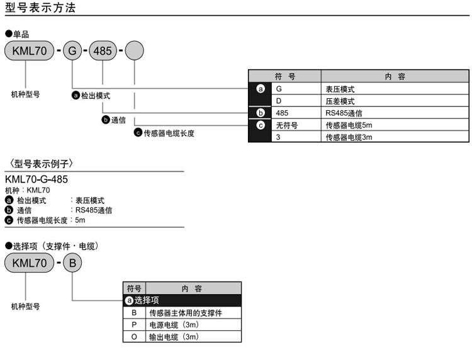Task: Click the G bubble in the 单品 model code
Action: pyautogui.click(x=72, y=50)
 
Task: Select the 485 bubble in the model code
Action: pyautogui.click(x=103, y=50)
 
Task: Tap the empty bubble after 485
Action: pyautogui.click(x=134, y=50)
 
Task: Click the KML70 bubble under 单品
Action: pyautogui.click(x=28, y=50)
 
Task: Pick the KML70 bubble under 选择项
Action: pyautogui.click(x=28, y=262)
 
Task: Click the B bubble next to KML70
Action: pyautogui.click(x=72, y=262)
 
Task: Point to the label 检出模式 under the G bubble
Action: pyautogui.click(x=95, y=95)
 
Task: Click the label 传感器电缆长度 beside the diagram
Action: pyautogui.click(x=169, y=133)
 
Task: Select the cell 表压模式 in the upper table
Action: pyautogui.click(x=340, y=89)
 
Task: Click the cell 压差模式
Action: pyautogui.click(x=340, y=101)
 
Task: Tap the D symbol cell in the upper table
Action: pyautogui.click(x=278, y=101)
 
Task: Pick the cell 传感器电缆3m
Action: pyautogui.click(x=349, y=137)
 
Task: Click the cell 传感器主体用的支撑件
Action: pyautogui.click(x=186, y=313)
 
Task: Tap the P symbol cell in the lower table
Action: pyautogui.click(x=133, y=325)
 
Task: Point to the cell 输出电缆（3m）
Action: pyautogui.click(x=174, y=337)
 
